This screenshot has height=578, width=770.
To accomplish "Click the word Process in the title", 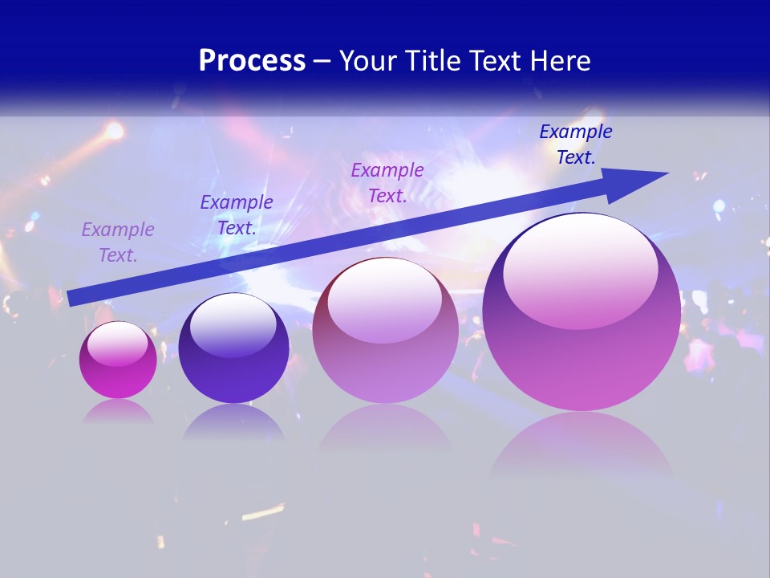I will pos(252,61).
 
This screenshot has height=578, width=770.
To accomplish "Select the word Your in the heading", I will pos(368,61).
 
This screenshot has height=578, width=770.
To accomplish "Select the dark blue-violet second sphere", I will pos(233,353).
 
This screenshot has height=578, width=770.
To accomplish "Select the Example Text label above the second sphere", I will pos(236,215).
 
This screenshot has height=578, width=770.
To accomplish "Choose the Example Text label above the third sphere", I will pos(387,183).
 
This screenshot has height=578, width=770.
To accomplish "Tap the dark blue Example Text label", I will pos(575,144).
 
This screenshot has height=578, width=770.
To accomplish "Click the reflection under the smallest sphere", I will pos(118,411).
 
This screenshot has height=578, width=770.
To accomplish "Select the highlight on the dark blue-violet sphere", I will pos(233,325).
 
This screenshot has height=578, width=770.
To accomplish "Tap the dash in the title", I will pos(322,61).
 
